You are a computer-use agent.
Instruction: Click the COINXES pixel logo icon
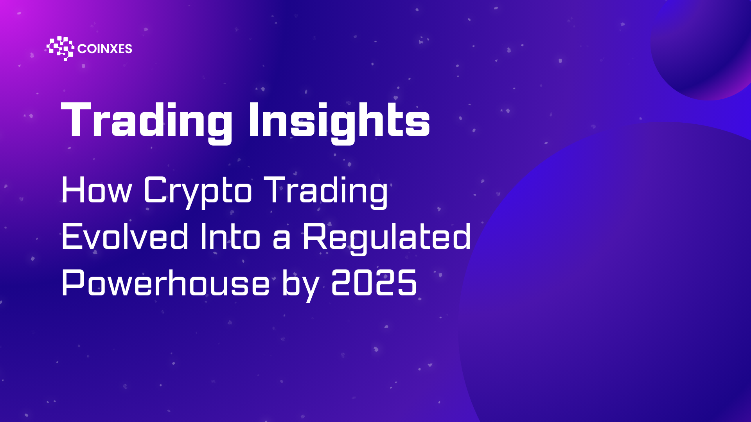(60, 48)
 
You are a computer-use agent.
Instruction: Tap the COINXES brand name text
(105, 49)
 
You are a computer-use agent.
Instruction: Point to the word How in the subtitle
(97, 190)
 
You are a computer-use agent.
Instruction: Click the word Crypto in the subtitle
(198, 193)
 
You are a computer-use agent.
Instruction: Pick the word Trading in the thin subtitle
(326, 193)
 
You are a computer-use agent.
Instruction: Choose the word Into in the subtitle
(230, 236)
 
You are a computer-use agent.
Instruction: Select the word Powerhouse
(165, 283)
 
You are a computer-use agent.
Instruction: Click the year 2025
(374, 283)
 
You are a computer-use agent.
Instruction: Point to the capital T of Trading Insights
(77, 119)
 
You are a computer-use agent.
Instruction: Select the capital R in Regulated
(315, 236)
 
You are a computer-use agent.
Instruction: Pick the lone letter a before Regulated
(282, 240)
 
